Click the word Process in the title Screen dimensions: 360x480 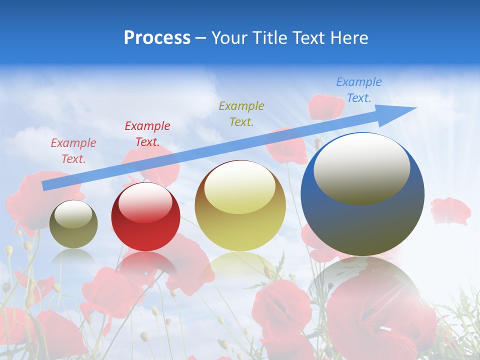(x=157, y=38)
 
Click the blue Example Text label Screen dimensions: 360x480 (x=358, y=90)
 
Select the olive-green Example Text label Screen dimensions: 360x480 (x=241, y=113)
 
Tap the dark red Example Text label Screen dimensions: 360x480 (x=147, y=133)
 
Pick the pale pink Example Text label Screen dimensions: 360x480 (x=73, y=150)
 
